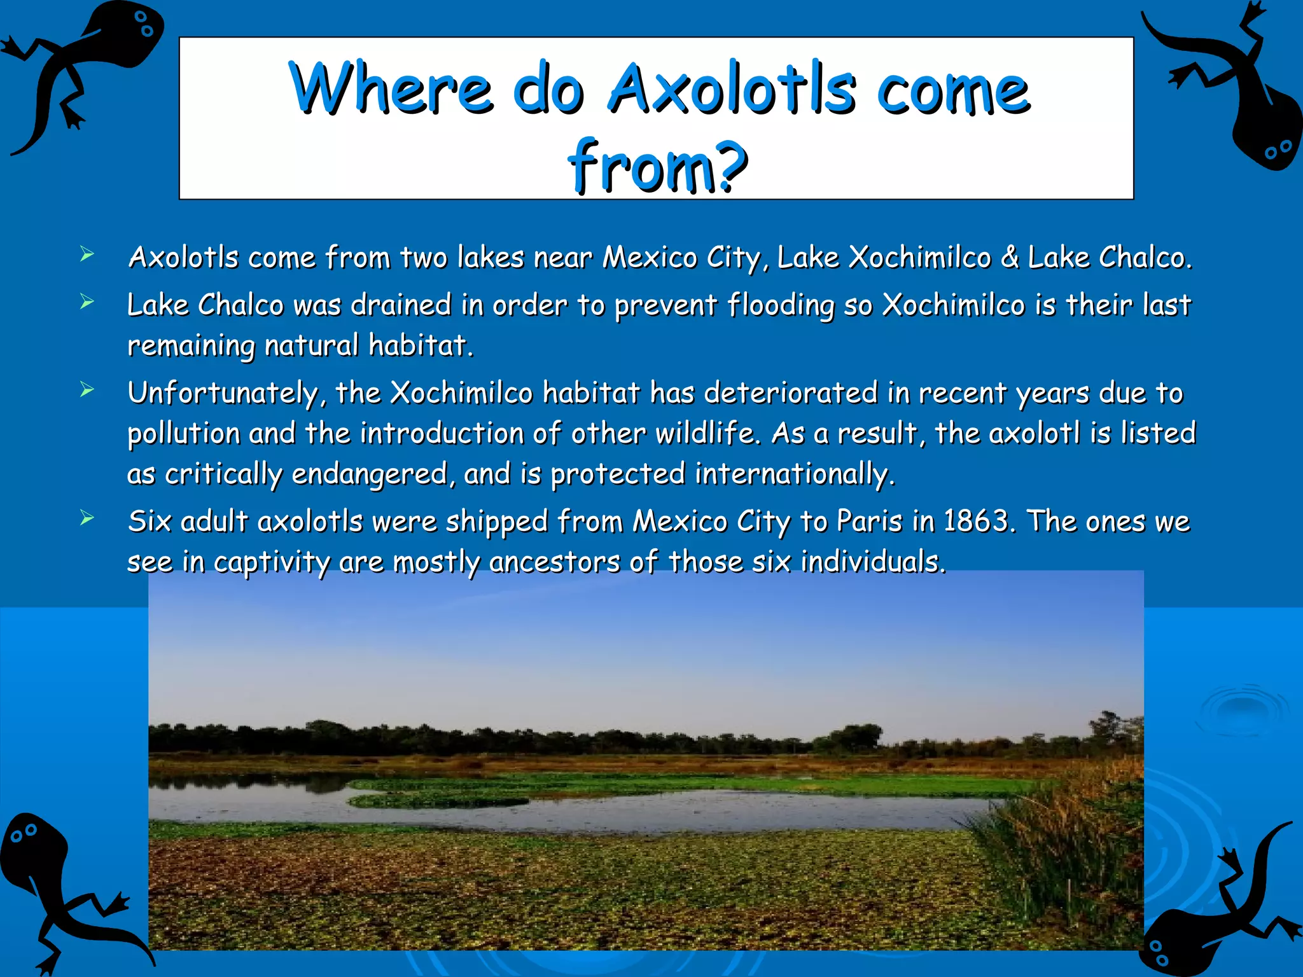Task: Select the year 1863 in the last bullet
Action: pyautogui.click(x=977, y=521)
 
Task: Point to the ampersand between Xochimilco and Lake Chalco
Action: pyautogui.click(x=1010, y=258)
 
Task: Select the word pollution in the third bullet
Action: pyautogui.click(x=184, y=434)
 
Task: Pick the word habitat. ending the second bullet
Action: pyautogui.click(x=421, y=346)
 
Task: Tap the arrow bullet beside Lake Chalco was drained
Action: pyautogui.click(x=87, y=301)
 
